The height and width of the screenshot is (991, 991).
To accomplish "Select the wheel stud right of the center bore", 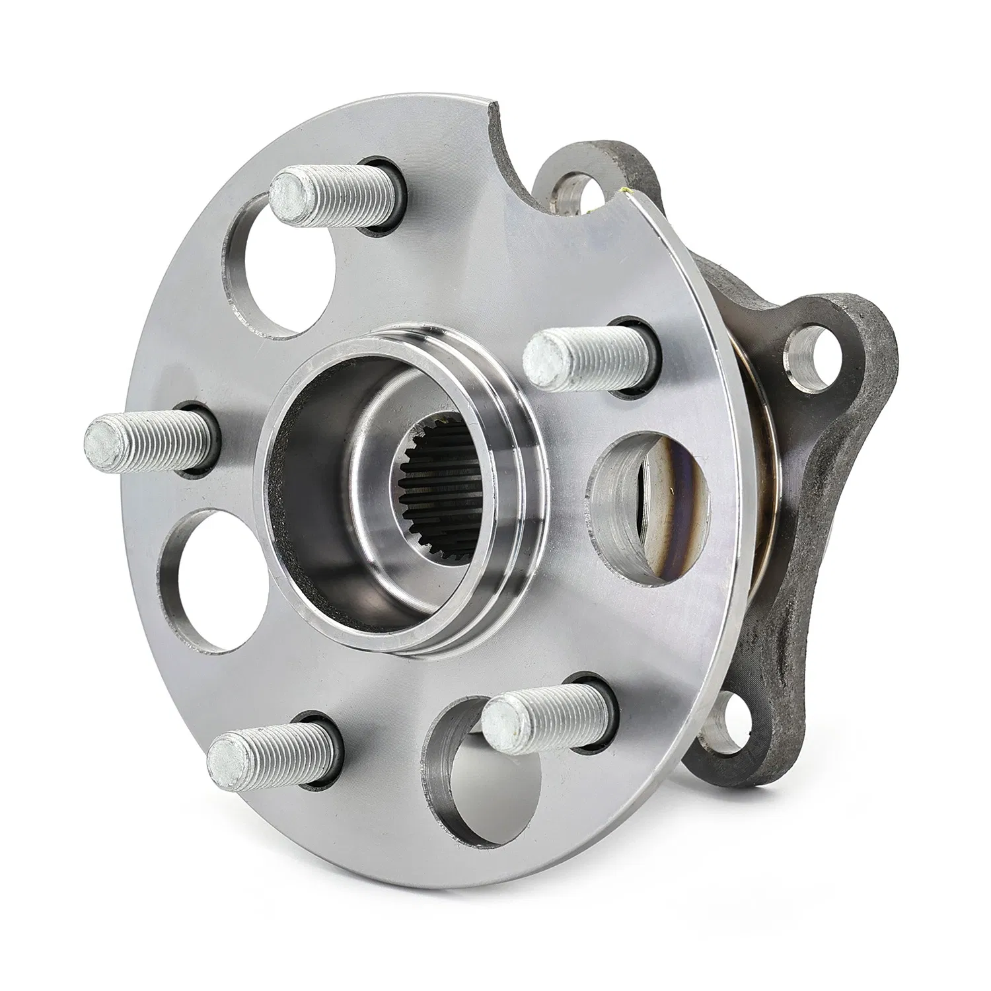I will pos(588,357).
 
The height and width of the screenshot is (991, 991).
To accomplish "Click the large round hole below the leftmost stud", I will pos(211,581).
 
